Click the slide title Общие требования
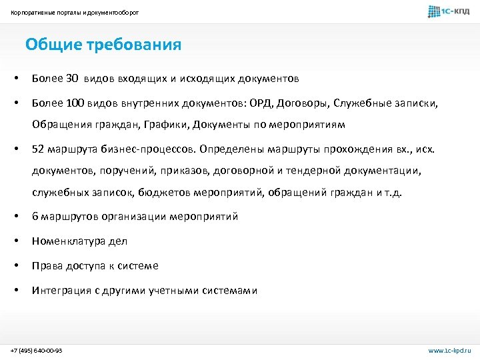point(103,45)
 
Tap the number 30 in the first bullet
point(72,79)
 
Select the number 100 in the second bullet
point(75,103)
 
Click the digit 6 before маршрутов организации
point(35,217)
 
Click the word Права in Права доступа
point(47,266)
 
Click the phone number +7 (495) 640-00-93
point(37,350)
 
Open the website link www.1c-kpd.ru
point(449,350)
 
